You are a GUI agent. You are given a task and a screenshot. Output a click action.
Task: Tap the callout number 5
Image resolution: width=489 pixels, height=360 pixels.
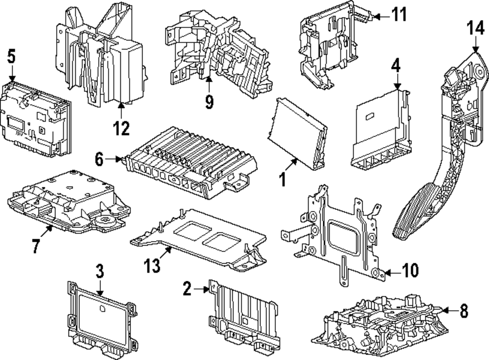(12, 57)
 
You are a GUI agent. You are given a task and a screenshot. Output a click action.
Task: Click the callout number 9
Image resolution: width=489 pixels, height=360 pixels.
(209, 102)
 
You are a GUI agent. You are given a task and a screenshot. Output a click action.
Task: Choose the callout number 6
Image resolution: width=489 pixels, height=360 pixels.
(100, 159)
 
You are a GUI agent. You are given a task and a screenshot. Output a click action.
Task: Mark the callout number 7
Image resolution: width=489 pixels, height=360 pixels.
(35, 246)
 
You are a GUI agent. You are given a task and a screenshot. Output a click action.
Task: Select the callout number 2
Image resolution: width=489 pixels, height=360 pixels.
(187, 290)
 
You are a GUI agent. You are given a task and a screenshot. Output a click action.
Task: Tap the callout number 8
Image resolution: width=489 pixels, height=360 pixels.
(464, 310)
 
